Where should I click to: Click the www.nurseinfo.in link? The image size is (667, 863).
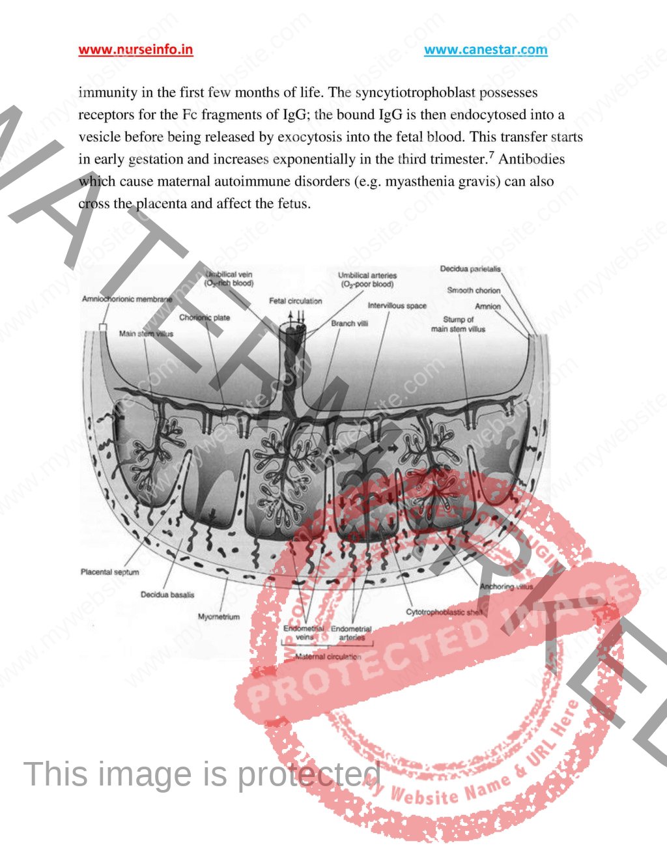click(x=135, y=50)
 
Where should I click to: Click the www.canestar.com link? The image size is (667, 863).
click(x=485, y=50)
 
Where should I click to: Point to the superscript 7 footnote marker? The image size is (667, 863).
click(x=492, y=155)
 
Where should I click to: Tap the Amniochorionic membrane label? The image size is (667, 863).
click(x=127, y=299)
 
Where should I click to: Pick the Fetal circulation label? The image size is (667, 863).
click(x=296, y=301)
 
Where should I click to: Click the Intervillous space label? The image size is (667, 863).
click(x=397, y=305)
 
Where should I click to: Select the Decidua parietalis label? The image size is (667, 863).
click(x=470, y=269)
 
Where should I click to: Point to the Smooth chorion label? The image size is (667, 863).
click(x=474, y=290)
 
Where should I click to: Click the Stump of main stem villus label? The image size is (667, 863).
click(x=458, y=324)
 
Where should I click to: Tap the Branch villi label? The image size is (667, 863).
click(x=349, y=323)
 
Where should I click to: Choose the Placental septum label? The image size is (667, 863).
click(x=109, y=572)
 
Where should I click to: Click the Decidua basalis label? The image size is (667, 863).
click(x=167, y=595)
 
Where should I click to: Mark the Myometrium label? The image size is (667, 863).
click(x=218, y=616)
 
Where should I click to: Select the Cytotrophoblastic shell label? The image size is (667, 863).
click(x=444, y=612)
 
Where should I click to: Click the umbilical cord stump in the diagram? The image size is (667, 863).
click(x=296, y=339)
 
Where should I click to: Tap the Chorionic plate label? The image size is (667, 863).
click(x=205, y=318)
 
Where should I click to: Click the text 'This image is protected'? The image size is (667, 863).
click(x=202, y=774)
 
